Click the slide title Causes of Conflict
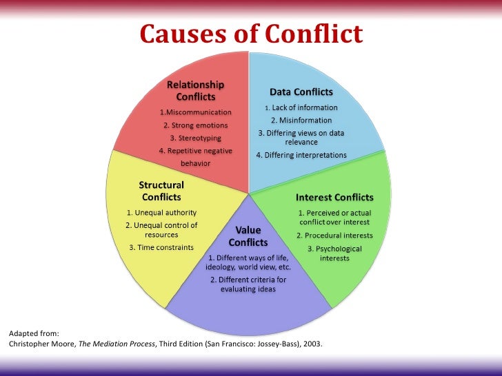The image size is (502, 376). tap(251, 34)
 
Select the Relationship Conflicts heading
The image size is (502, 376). tap(196, 90)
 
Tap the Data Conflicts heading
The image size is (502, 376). tap(301, 92)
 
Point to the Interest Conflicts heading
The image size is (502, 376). tap(334, 197)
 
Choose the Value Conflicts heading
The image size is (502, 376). tap(248, 236)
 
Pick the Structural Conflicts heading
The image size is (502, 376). tap(161, 191)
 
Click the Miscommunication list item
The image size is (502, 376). tap(196, 112)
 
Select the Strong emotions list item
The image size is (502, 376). tap(196, 125)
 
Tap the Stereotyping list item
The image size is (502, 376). tap(196, 138)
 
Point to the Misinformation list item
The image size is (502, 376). tap(301, 120)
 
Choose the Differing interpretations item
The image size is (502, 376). tap(301, 155)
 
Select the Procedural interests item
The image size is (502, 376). tap(334, 236)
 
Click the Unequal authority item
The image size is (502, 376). tap(161, 212)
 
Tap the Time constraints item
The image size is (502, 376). tap(161, 247)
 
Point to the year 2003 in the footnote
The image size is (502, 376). tap(312, 342)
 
